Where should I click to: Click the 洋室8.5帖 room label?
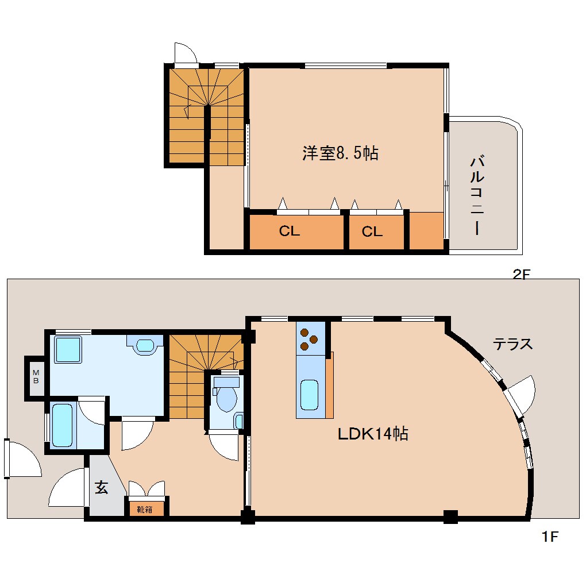pos(340,153)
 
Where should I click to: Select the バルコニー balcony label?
pos(476,195)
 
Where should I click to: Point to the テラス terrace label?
pos(512,344)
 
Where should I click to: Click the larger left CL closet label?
pos(290,232)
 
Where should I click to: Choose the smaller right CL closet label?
pos(372,232)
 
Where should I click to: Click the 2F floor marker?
pos(521,275)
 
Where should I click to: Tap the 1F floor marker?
pos(549,537)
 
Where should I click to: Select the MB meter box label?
pos(36,377)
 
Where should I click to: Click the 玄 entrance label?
pos(101,488)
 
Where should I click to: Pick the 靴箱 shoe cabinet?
pos(145,508)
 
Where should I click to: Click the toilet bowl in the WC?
pos(225,398)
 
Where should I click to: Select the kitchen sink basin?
pos(309,395)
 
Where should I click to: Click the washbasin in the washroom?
pos(144,345)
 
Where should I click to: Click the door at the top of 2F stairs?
pos(186,54)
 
